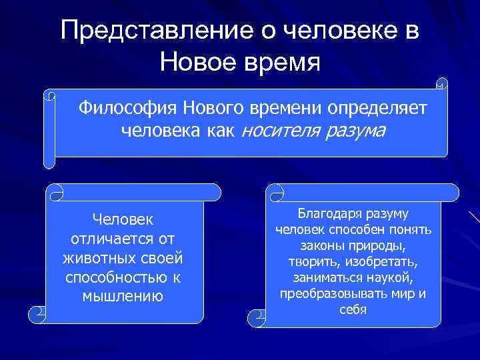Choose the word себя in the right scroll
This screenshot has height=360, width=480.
pyautogui.click(x=353, y=310)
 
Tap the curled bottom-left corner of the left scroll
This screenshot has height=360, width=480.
pyautogui.click(x=39, y=313)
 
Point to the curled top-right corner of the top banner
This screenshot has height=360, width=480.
pyautogui.click(x=441, y=85)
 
